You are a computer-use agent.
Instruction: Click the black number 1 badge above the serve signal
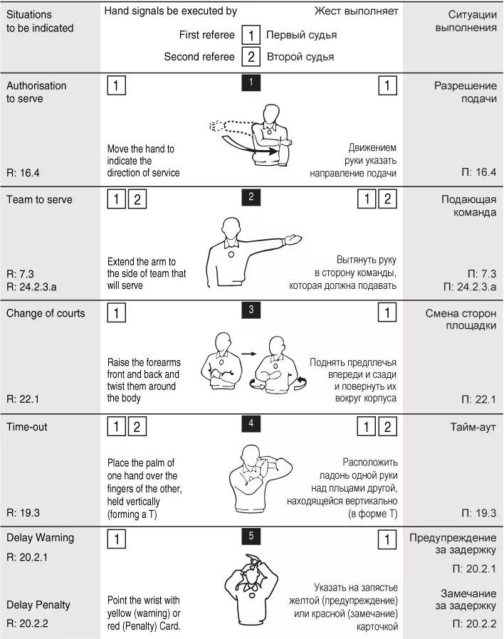coord(251,83)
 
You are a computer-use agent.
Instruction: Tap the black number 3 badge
coord(251,310)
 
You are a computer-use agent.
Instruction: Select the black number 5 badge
coord(251,536)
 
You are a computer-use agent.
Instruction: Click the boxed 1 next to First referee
coord(251,34)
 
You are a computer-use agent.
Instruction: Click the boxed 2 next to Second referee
coord(251,56)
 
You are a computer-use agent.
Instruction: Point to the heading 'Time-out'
coord(27,427)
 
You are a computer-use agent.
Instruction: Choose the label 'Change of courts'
coord(46,313)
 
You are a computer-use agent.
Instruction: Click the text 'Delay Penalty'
coord(38,605)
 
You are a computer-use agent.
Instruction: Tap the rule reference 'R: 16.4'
coord(23,171)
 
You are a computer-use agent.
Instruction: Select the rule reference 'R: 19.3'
coord(23,512)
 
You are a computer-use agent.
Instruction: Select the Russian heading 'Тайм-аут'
coord(473,427)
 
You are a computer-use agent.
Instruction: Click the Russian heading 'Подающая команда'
coord(468,206)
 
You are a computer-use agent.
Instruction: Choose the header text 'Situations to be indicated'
coord(40,21)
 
